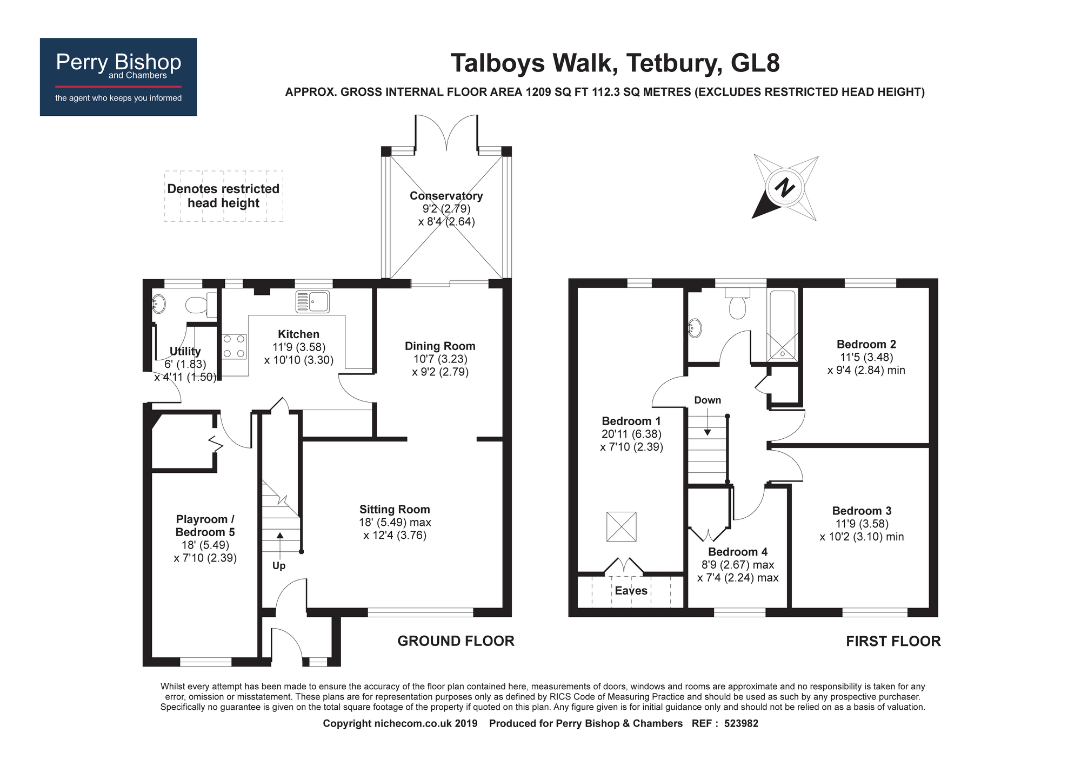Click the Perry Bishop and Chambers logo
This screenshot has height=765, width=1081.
(x=118, y=77)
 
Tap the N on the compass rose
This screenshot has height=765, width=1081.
(x=784, y=188)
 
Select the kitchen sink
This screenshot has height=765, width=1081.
(x=312, y=301)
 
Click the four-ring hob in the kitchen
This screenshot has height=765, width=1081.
(x=235, y=346)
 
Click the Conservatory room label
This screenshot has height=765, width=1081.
(x=446, y=196)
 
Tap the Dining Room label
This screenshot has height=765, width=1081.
(x=440, y=346)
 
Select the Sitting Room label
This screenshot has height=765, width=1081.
(x=395, y=509)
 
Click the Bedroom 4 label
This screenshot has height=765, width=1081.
(x=737, y=552)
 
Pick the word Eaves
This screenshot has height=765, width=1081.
(x=631, y=591)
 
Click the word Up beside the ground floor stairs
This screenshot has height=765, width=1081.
(x=279, y=566)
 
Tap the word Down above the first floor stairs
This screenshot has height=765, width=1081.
(x=708, y=400)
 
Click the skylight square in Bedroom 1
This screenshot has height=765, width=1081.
(x=622, y=526)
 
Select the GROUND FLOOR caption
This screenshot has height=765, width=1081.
(x=456, y=641)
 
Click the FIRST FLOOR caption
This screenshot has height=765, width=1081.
(x=893, y=642)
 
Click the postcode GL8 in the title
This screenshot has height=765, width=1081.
(x=755, y=63)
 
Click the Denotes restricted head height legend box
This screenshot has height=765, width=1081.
(x=224, y=196)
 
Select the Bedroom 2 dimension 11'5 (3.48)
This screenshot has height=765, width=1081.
(x=866, y=358)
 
